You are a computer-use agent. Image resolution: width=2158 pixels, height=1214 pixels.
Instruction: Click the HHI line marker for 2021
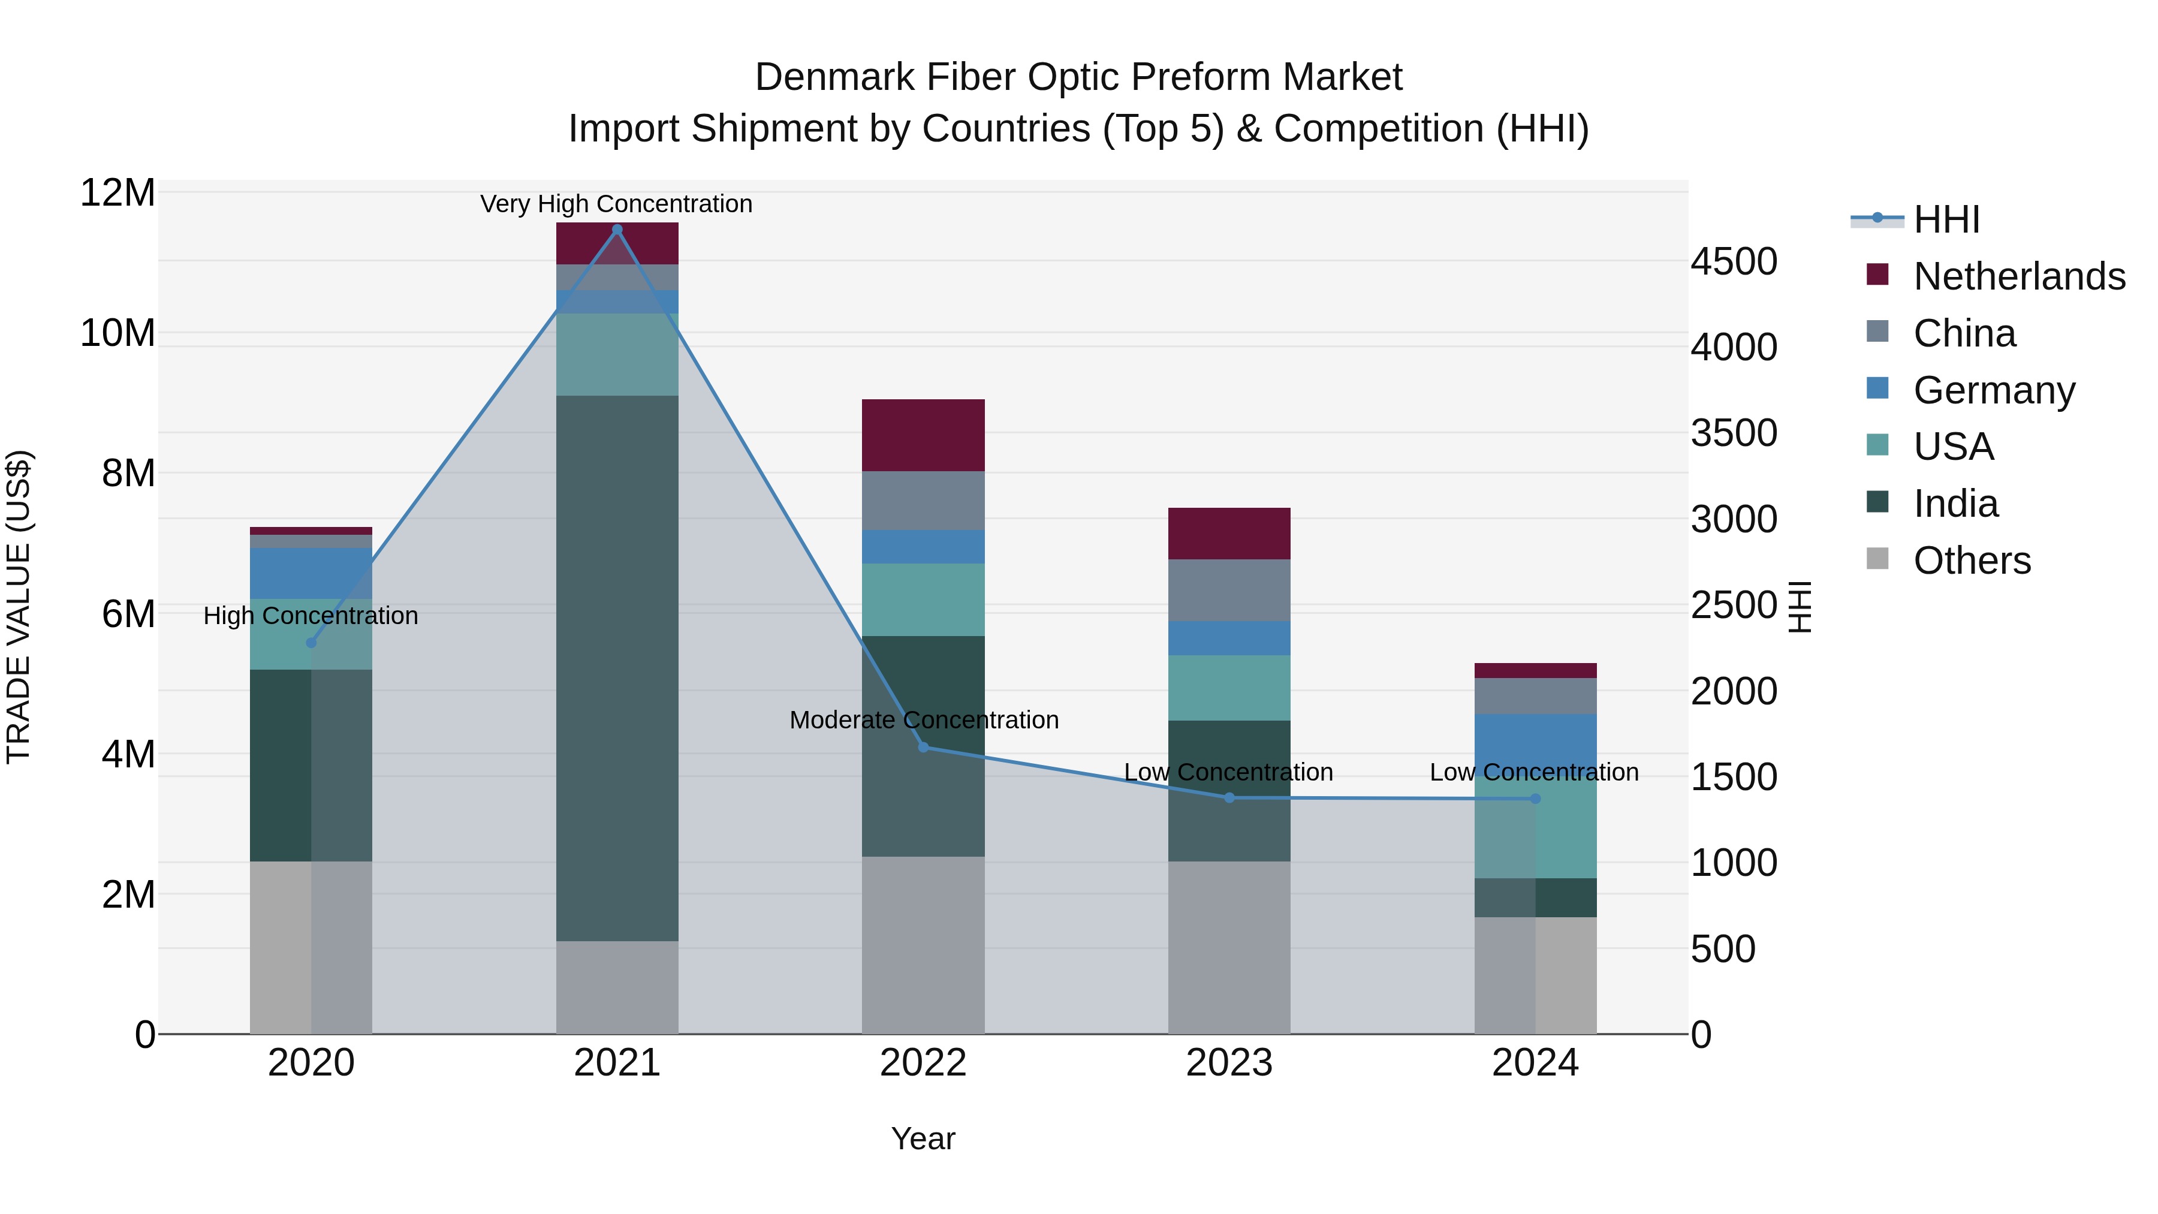[x=617, y=229]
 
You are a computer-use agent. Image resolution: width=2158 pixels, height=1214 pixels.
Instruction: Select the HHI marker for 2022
[x=923, y=746]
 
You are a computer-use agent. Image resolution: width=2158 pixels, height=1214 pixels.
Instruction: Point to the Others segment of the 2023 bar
[x=1229, y=947]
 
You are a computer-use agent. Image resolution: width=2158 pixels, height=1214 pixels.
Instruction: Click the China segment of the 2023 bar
[x=1229, y=590]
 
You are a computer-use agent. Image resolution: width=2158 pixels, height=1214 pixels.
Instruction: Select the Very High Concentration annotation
[x=617, y=204]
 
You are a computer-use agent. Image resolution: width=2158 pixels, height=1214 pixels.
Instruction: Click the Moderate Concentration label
[x=923, y=719]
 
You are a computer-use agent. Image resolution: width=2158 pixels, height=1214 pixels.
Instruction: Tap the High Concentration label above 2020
[x=310, y=616]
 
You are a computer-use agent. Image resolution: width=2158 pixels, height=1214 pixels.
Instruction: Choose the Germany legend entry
[x=1994, y=390]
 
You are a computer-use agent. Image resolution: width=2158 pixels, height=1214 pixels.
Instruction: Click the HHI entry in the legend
[x=1946, y=219]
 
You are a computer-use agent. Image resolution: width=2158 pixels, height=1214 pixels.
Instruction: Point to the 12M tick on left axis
[x=117, y=192]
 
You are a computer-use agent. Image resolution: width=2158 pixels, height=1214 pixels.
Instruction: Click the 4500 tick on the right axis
[x=1733, y=261]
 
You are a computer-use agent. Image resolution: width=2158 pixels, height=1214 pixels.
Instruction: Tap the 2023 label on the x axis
[x=1229, y=1063]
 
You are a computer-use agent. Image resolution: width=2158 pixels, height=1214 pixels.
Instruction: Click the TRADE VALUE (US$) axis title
[x=19, y=607]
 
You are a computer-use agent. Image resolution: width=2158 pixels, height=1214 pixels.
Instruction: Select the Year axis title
[x=923, y=1138]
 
